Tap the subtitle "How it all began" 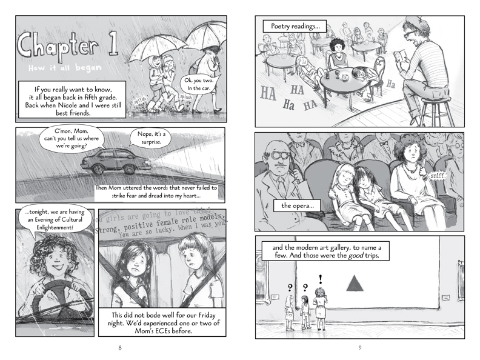pyautogui.click(x=65, y=68)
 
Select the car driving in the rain pyautogui.click(x=116, y=161)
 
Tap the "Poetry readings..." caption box pyautogui.click(x=295, y=26)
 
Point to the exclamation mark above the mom pyautogui.click(x=320, y=279)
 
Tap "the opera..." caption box pyautogui.click(x=297, y=205)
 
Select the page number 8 pyautogui.click(x=119, y=348)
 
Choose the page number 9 pyautogui.click(x=359, y=348)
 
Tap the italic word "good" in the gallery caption pyautogui.click(x=355, y=256)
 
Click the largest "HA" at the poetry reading pyautogui.click(x=268, y=93)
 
